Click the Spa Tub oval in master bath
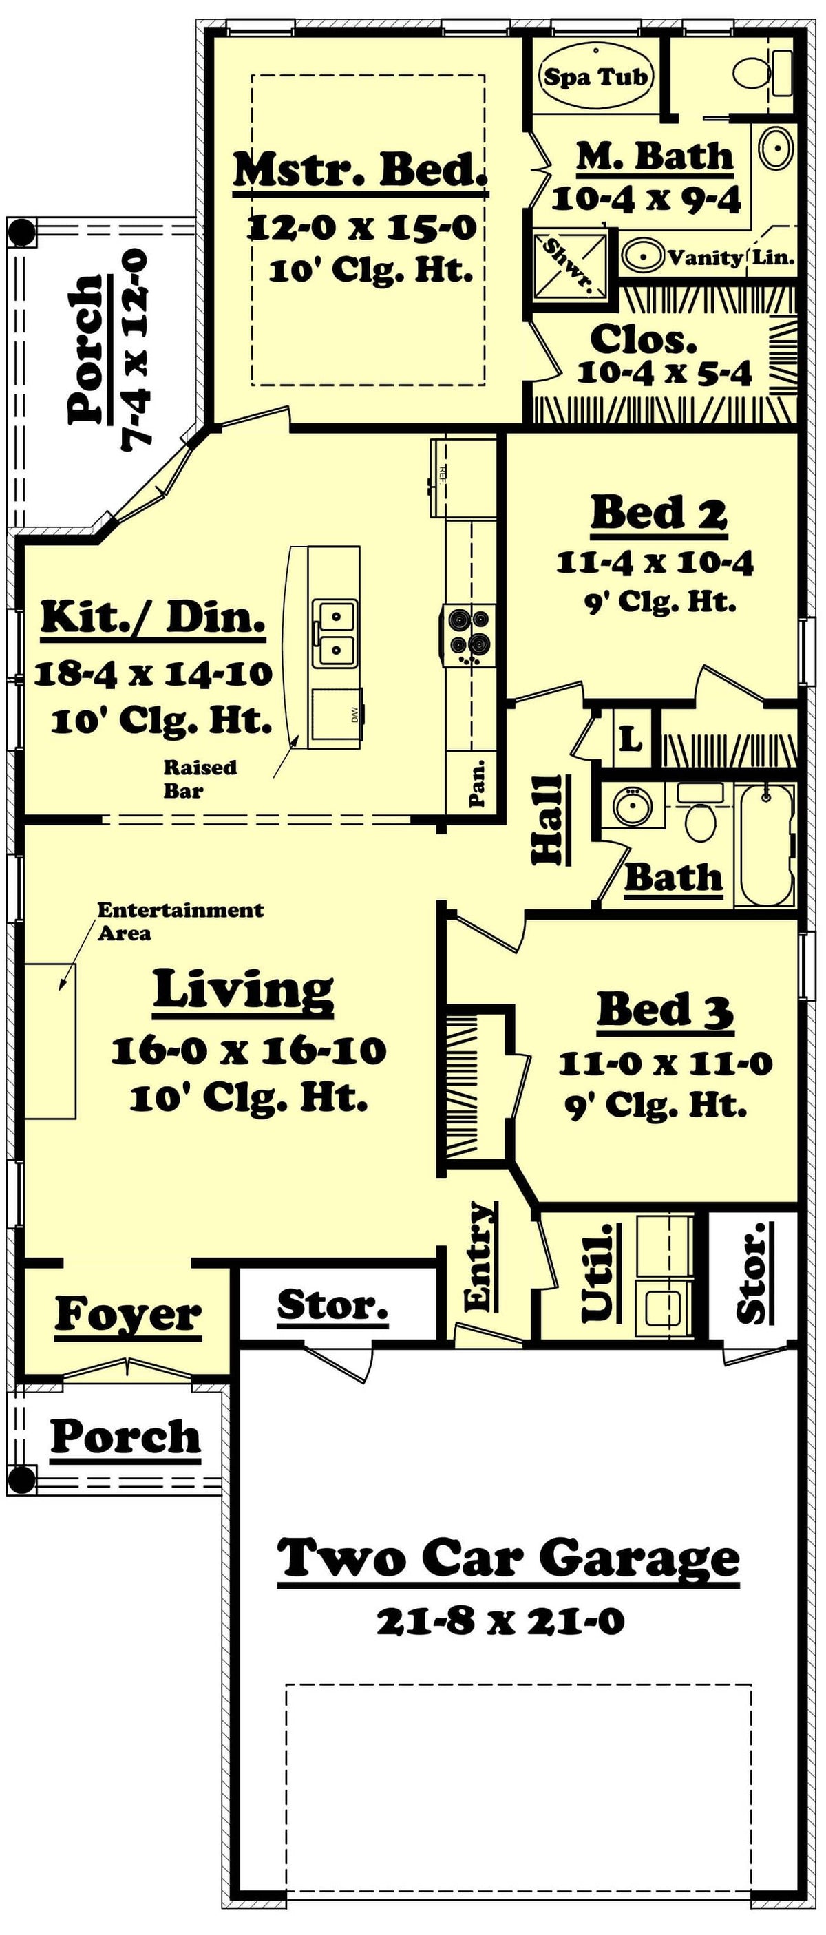tap(595, 76)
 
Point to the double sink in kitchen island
tap(335, 633)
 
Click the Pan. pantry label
tap(476, 784)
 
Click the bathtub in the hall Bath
tap(766, 845)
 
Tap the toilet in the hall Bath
tap(701, 821)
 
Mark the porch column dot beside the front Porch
tap(22, 1479)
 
